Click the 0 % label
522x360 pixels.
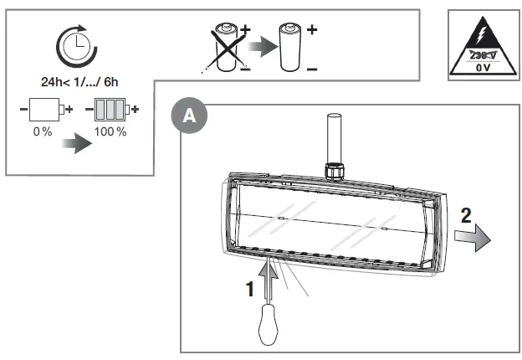tap(43, 132)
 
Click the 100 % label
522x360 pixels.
tap(110, 132)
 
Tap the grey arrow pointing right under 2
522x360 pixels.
tap(473, 240)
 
